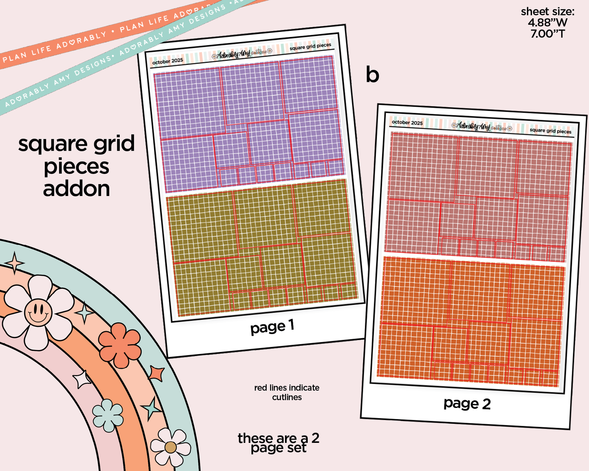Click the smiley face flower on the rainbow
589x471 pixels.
pos(38,313)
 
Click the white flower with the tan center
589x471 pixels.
pos(170,447)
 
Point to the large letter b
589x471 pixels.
pos(372,75)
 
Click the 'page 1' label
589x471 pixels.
pos(272,327)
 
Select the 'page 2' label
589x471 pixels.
pos(467,403)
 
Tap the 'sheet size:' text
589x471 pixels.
pos(547,12)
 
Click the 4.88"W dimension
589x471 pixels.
pos(547,23)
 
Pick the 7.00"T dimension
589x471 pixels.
pos(547,34)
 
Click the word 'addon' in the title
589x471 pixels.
pos(77,189)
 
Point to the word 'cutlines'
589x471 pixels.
pos(287,397)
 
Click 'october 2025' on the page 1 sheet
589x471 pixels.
pos(168,61)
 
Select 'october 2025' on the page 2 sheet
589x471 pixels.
pos(407,122)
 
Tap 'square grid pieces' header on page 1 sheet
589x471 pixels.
pos(310,46)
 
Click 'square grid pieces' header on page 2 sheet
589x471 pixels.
pos(550,131)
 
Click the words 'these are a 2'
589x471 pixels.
pos(278,438)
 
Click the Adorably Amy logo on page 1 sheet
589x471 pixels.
pos(241,54)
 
